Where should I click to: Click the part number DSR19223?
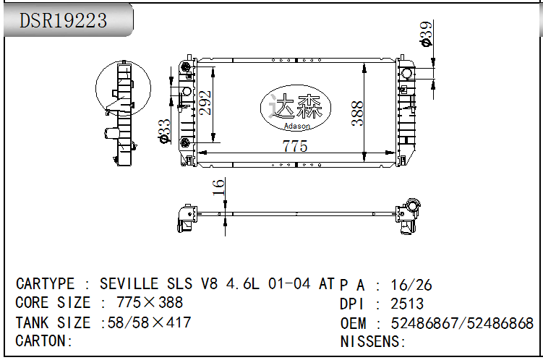pyautogui.click(x=63, y=20)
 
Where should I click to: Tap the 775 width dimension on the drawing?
pyautogui.click(x=295, y=146)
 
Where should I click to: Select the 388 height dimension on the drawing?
pyautogui.click(x=357, y=113)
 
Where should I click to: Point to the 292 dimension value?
pyautogui.click(x=205, y=103)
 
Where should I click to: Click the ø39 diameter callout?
pyautogui.click(x=426, y=33)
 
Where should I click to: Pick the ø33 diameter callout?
pyautogui.click(x=164, y=131)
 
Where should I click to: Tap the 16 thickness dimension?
pyautogui.click(x=218, y=187)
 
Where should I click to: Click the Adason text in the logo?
pyautogui.click(x=296, y=126)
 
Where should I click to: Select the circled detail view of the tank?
pyautogui.click(x=123, y=88)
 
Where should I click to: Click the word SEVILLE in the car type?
pyautogui.click(x=129, y=284)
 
